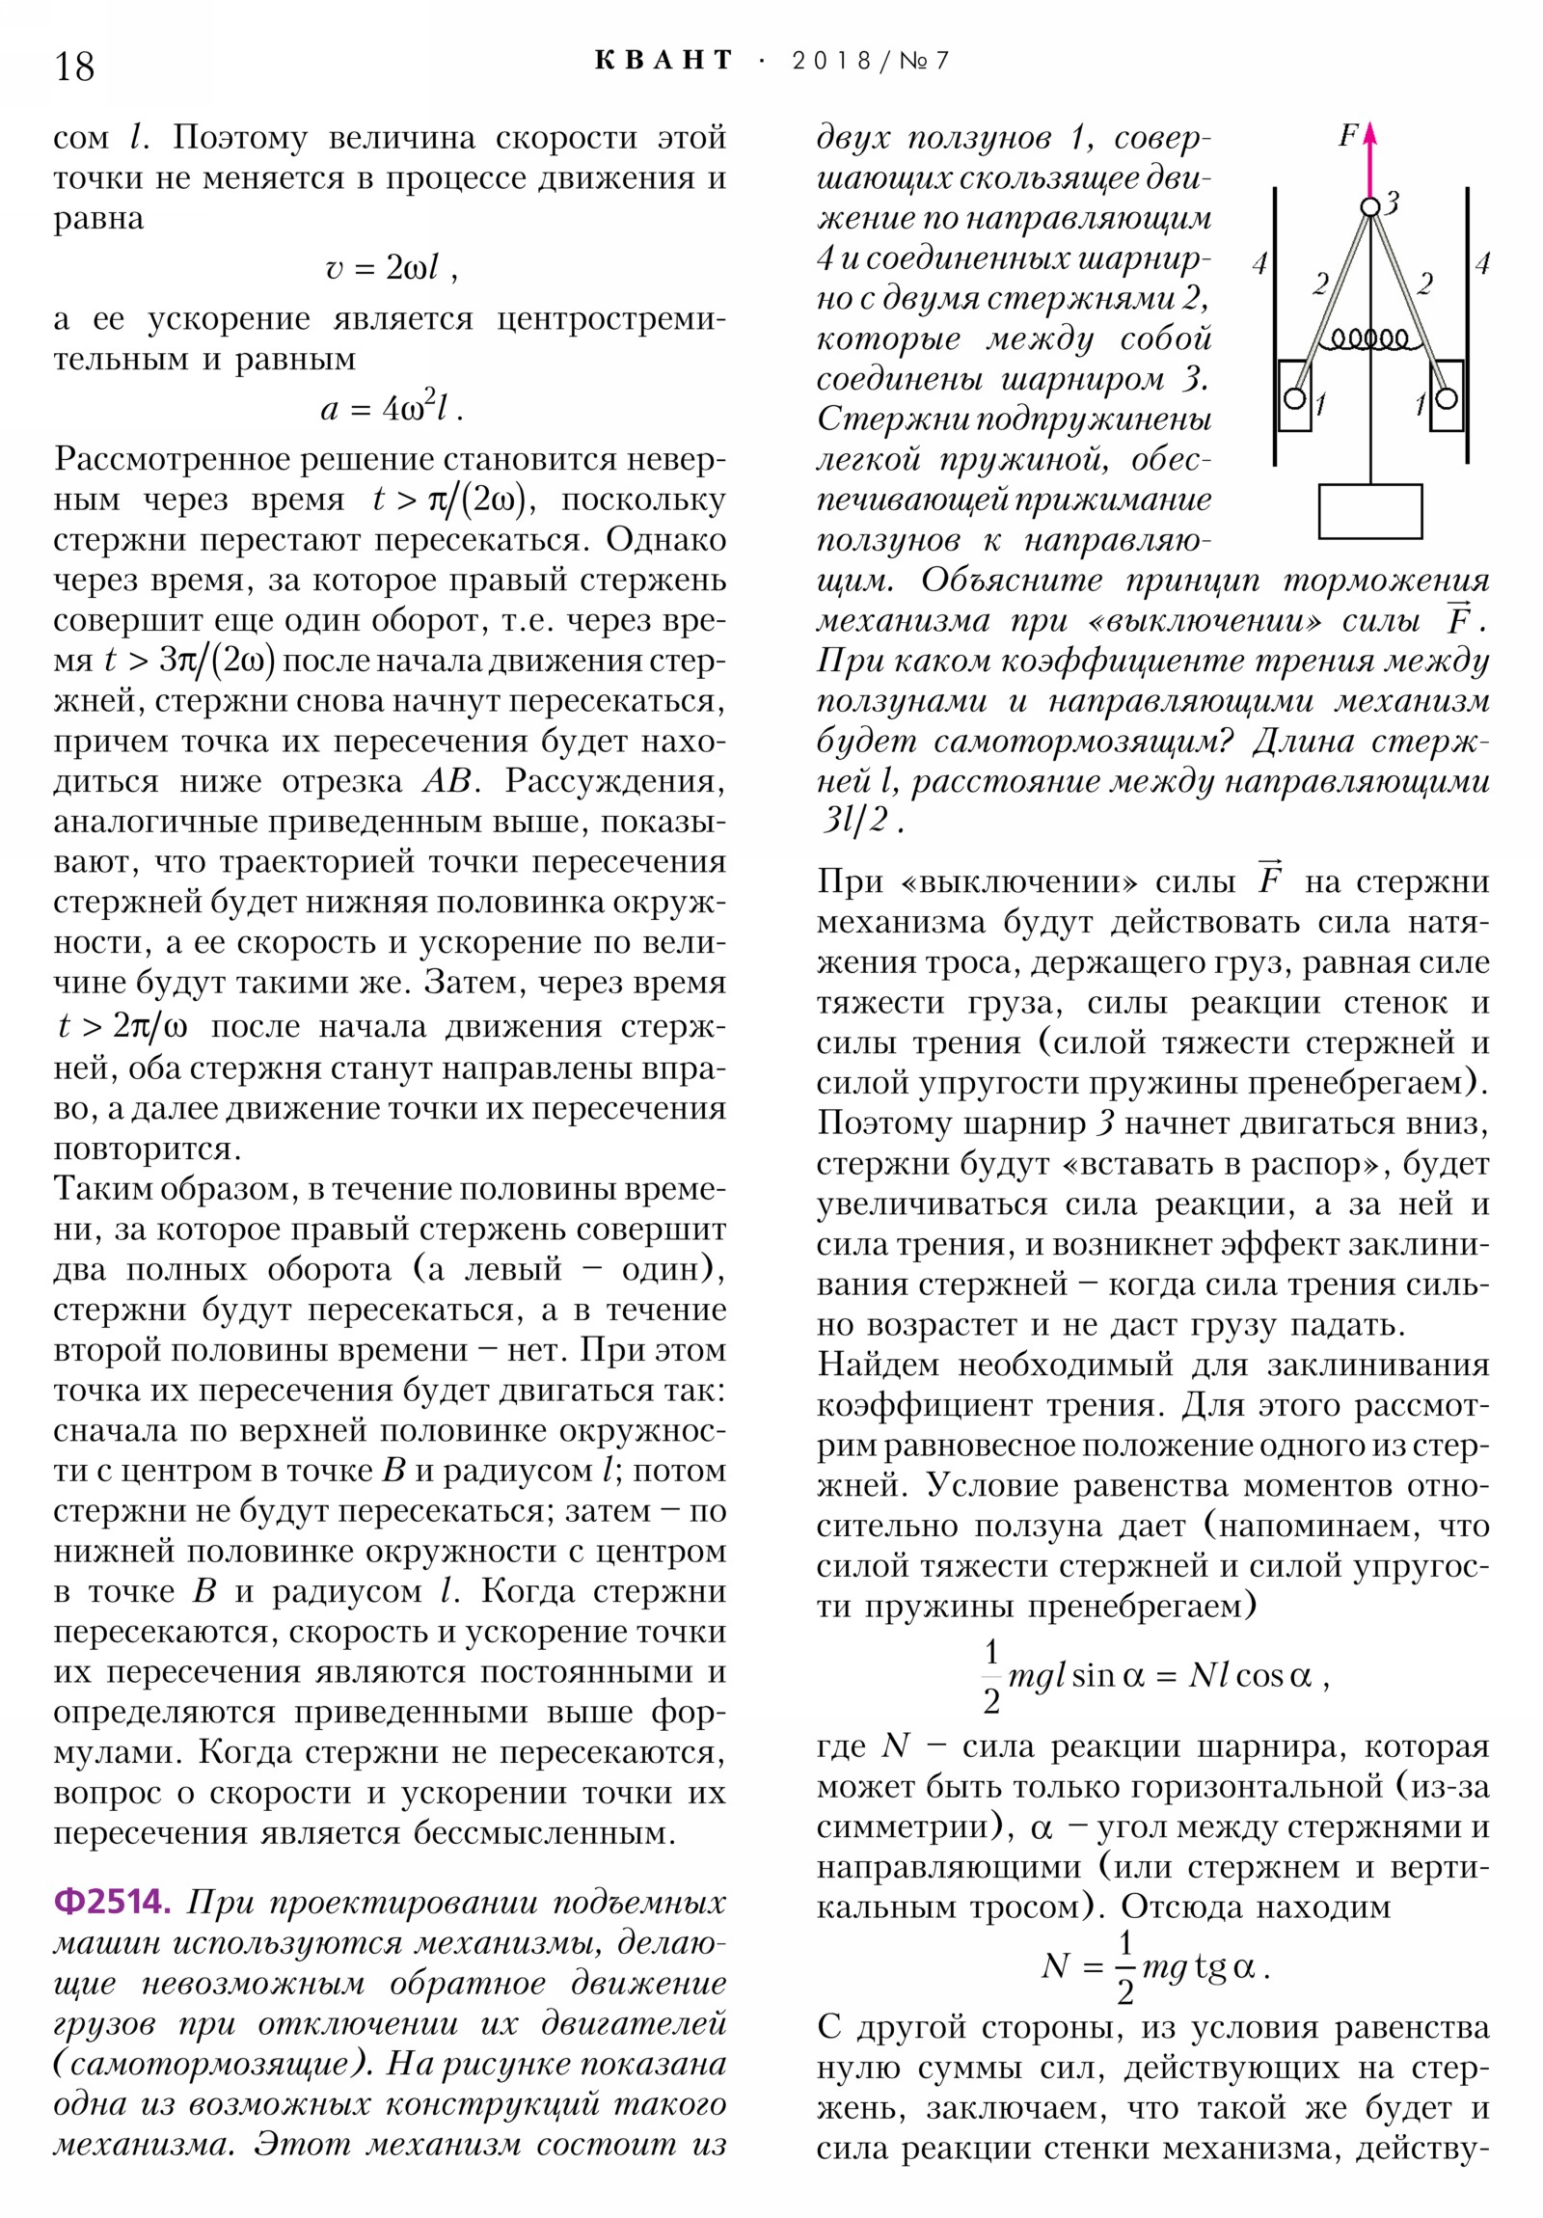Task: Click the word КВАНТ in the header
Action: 663,61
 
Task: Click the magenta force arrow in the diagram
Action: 1370,159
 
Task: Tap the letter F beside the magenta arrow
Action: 1348,136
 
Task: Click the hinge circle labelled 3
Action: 1370,206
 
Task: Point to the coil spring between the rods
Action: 1370,339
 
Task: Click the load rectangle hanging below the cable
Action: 1370,511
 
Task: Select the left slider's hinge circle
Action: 1295,398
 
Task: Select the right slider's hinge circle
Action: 1447,398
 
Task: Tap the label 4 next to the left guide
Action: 1259,262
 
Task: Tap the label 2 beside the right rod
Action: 1424,284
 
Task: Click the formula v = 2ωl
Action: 390,267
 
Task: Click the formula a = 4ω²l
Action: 390,409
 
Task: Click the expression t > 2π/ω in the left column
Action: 122,1025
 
